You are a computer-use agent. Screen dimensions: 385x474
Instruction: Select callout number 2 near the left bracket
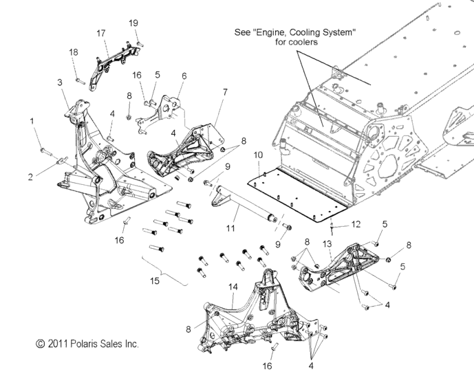click(31, 177)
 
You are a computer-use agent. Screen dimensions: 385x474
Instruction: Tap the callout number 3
click(60, 82)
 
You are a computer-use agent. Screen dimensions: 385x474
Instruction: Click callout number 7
click(225, 91)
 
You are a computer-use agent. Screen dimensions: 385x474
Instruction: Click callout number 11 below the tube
click(230, 227)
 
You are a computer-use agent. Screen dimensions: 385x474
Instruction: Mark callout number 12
click(356, 224)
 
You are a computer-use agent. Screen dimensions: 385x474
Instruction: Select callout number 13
click(327, 244)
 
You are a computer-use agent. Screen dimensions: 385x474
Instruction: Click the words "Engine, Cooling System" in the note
click(305, 32)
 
